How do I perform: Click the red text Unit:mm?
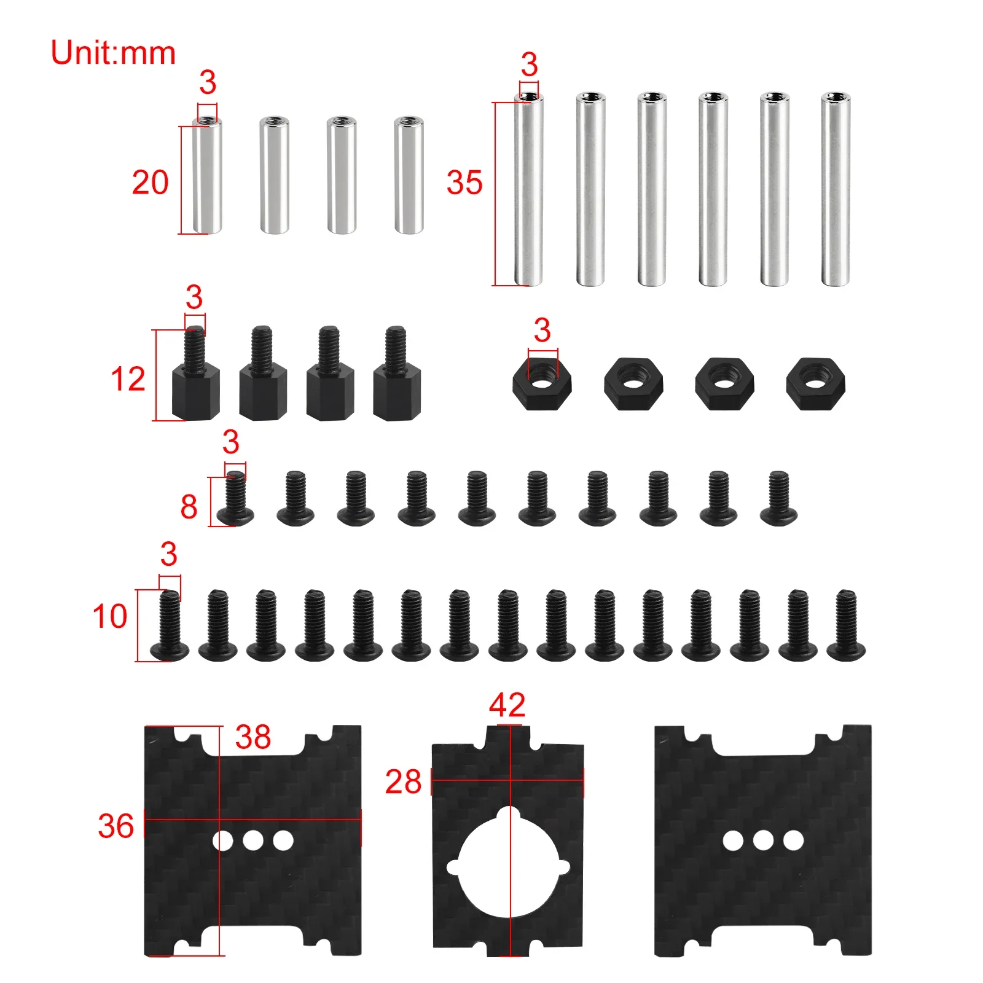113,53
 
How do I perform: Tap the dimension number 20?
150,182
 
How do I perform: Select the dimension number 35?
464,182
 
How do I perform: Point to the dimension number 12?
128,378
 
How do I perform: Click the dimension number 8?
189,507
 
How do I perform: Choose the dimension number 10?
110,616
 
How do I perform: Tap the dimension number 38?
253,737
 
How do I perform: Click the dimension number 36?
116,826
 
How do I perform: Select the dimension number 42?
507,705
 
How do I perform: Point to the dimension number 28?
403,781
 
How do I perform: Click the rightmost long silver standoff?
836,189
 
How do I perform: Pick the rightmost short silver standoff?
409,174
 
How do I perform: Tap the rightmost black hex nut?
815,384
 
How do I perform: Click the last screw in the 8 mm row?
778,498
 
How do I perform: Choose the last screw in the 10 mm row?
846,625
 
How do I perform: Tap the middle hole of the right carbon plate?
763,840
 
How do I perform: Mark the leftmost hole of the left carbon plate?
222,840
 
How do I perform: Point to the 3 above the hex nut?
542,331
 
